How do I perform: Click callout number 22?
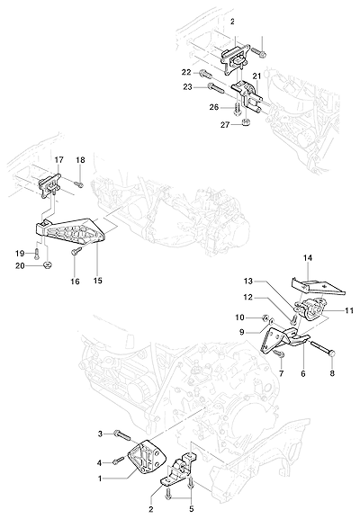point(185,72)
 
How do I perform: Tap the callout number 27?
point(226,125)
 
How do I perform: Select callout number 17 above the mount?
point(59,160)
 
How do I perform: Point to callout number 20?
point(21,265)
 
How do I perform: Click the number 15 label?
point(98,281)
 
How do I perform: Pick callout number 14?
point(307,257)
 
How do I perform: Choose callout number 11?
point(349,310)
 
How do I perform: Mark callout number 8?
point(332,373)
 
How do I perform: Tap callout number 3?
point(101,433)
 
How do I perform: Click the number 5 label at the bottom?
point(191,508)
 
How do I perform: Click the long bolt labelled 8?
point(323,349)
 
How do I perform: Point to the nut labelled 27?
point(246,122)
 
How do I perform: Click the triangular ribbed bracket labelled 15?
point(70,230)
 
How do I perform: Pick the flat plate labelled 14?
point(318,286)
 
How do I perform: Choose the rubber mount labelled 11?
point(313,309)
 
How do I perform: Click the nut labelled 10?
point(265,318)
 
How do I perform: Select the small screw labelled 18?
point(78,183)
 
